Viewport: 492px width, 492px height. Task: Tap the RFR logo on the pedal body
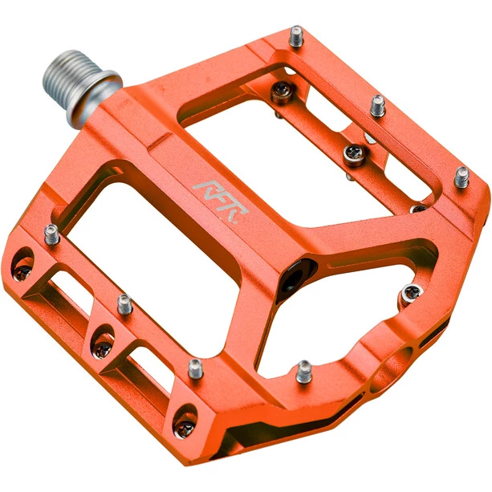221,200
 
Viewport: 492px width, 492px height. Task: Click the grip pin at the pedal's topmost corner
296,36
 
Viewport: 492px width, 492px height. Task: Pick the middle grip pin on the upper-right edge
378,106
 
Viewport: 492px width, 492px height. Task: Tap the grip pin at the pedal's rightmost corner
462,177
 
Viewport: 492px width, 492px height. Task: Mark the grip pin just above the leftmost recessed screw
51,234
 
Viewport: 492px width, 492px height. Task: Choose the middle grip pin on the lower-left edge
124,304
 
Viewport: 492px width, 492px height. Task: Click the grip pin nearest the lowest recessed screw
195,368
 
